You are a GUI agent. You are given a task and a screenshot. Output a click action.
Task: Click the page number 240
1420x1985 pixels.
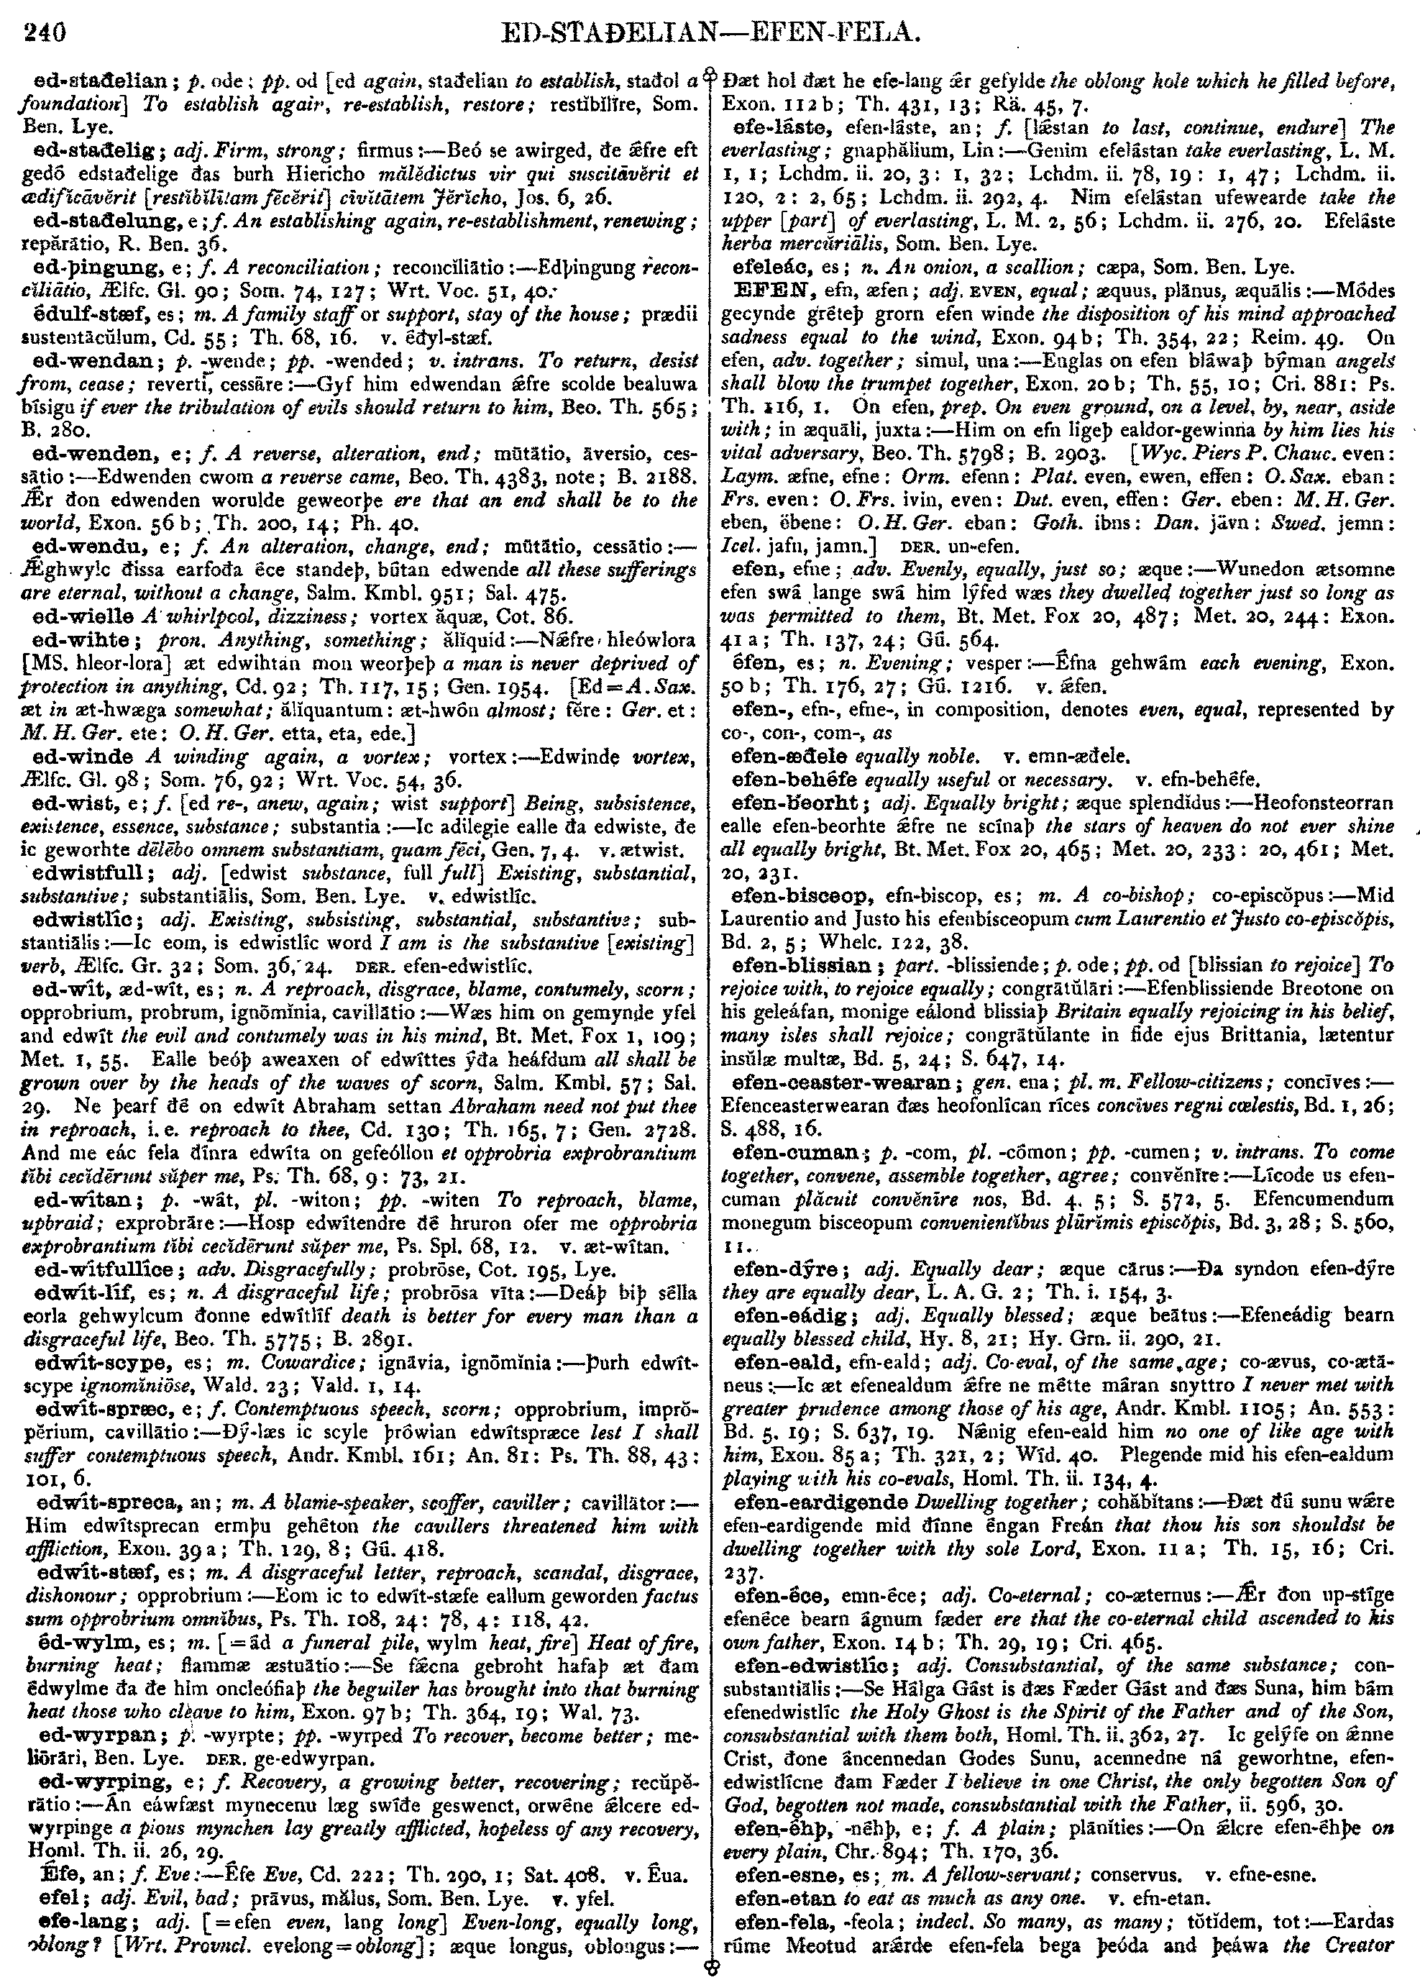[x=45, y=33]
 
